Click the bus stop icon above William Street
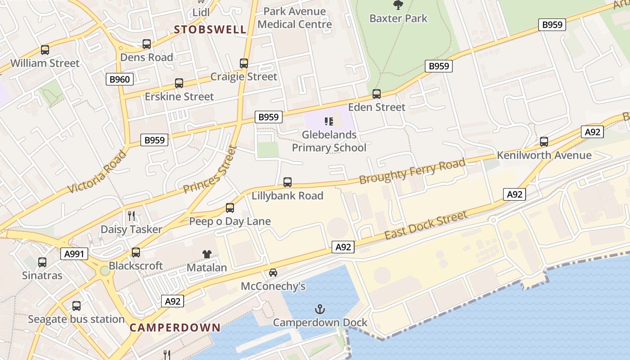coord(45,50)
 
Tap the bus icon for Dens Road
coord(147,44)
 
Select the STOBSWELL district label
coord(210,30)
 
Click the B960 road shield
coord(120,80)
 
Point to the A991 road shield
coord(74,254)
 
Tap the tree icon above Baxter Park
coord(398,5)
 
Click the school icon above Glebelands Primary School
coord(329,121)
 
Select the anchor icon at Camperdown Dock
coord(320,309)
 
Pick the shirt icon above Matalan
coord(207,254)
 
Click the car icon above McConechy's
coord(273,273)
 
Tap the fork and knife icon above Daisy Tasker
coord(131,216)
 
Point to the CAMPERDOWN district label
coord(175,328)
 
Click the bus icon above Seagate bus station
coord(76,306)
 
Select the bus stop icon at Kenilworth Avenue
coord(544,142)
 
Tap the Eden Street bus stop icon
coord(377,94)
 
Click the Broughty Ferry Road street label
coord(412,171)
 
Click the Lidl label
coord(201,12)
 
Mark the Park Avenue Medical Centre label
coord(295,18)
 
